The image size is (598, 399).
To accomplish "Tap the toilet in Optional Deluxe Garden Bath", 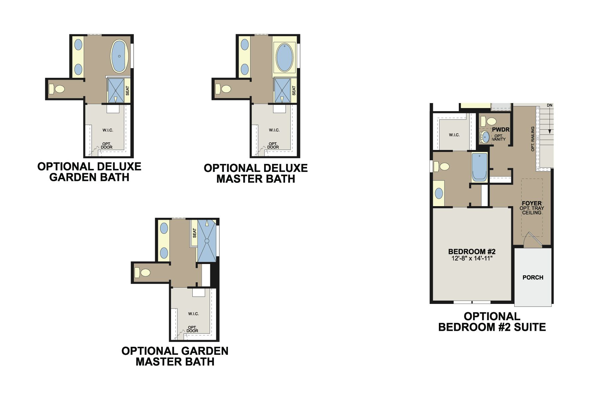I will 57,89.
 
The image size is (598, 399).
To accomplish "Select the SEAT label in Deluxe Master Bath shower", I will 294,90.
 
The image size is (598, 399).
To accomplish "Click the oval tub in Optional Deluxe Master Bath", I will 285,58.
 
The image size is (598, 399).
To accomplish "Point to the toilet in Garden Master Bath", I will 143,273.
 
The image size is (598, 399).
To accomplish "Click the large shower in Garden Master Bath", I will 207,241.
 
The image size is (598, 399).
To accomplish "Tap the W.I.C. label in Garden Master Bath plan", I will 193,314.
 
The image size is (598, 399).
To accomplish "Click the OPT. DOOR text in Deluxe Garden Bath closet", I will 107,145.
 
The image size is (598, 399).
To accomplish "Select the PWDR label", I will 501,130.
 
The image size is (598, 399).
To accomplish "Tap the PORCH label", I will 533,277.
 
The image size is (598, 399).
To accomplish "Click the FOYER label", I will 532,203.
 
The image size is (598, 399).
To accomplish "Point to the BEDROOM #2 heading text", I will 472,252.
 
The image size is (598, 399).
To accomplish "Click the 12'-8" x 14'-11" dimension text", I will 472,258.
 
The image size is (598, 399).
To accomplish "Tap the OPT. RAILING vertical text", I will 533,139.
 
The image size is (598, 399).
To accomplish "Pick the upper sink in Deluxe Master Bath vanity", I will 245,45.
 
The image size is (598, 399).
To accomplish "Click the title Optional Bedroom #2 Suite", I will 492,322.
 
